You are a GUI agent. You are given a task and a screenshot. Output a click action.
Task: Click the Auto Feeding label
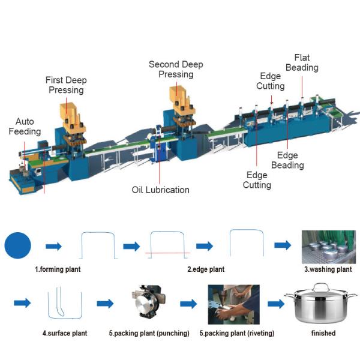29,126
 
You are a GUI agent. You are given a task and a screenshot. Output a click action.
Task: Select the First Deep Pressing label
65,85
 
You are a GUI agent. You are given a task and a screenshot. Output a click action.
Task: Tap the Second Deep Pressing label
176,69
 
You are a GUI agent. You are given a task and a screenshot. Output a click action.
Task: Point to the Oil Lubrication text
160,190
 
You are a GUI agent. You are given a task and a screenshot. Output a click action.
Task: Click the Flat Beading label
302,62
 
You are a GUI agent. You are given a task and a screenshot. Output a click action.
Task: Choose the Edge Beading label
287,160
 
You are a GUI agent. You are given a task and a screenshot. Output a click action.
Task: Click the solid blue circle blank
18,246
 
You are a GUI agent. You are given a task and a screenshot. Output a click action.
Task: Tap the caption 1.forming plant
58,269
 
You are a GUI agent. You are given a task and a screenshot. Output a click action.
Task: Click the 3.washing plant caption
327,269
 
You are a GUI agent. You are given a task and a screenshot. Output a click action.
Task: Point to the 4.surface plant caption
62,332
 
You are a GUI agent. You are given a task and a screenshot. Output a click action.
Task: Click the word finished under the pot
323,332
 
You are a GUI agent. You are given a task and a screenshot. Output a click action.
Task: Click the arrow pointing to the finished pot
275,304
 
